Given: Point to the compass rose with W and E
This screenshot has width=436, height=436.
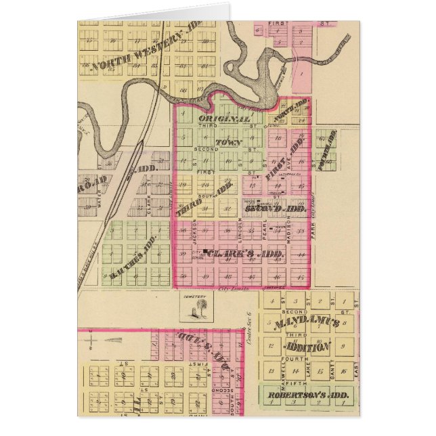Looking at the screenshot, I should (x=108, y=340).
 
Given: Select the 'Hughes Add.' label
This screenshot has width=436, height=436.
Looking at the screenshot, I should (x=133, y=258).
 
